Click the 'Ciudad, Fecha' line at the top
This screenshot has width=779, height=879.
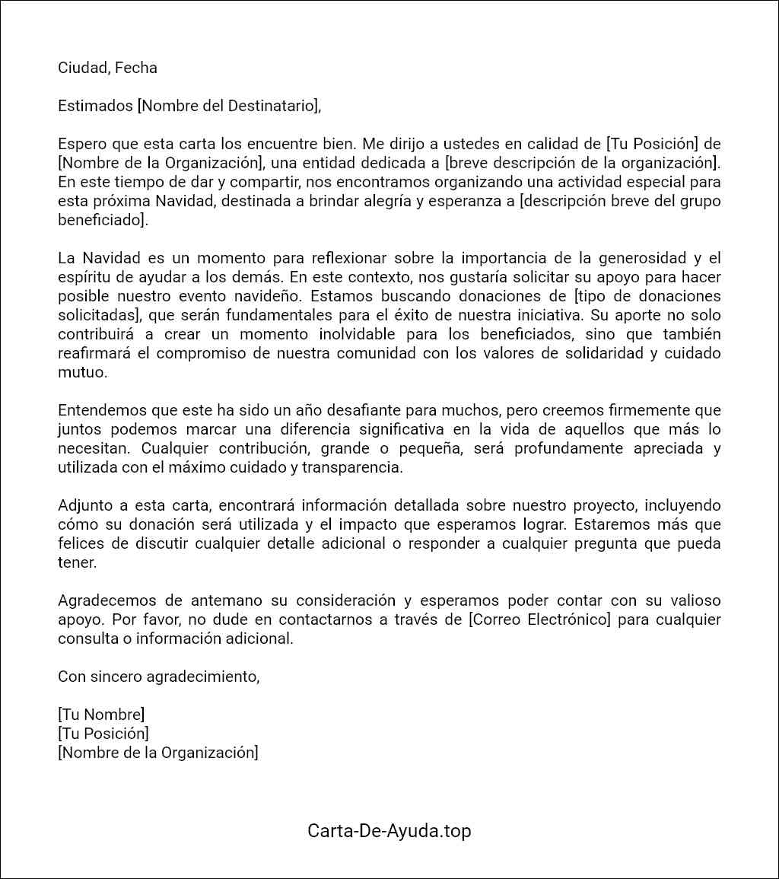point(107,68)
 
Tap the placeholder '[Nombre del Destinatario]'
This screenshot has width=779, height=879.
point(228,106)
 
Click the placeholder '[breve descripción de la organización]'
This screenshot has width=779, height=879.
point(582,163)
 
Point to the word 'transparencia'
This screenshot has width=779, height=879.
point(352,467)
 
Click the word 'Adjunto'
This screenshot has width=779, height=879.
point(84,505)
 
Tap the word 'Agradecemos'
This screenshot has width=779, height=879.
point(103,600)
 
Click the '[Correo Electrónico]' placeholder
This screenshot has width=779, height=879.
point(540,619)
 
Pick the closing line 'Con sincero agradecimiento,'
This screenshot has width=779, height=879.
point(159,677)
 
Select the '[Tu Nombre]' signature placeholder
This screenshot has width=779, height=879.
point(101,715)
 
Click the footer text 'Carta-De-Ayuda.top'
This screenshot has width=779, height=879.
point(389,830)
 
